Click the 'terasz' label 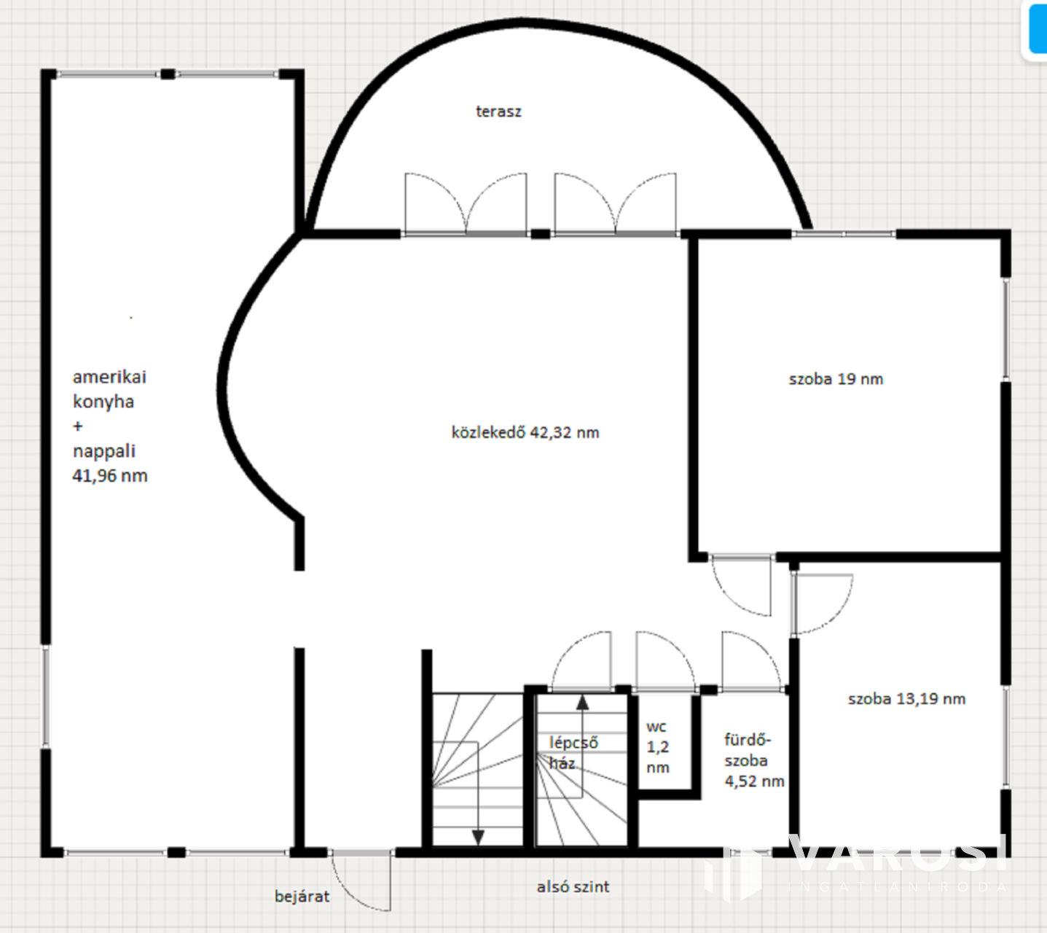(498, 112)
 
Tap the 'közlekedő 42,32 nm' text (525, 432)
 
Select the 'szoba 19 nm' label (836, 379)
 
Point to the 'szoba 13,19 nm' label (906, 699)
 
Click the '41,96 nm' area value (110, 475)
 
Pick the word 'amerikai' (109, 377)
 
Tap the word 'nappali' (104, 451)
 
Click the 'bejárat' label (302, 896)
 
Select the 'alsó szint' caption (573, 886)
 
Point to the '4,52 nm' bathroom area (755, 781)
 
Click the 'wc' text (656, 727)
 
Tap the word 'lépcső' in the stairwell (573, 743)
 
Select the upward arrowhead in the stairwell (582, 702)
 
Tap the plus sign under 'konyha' (77, 426)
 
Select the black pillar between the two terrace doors (541, 234)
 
